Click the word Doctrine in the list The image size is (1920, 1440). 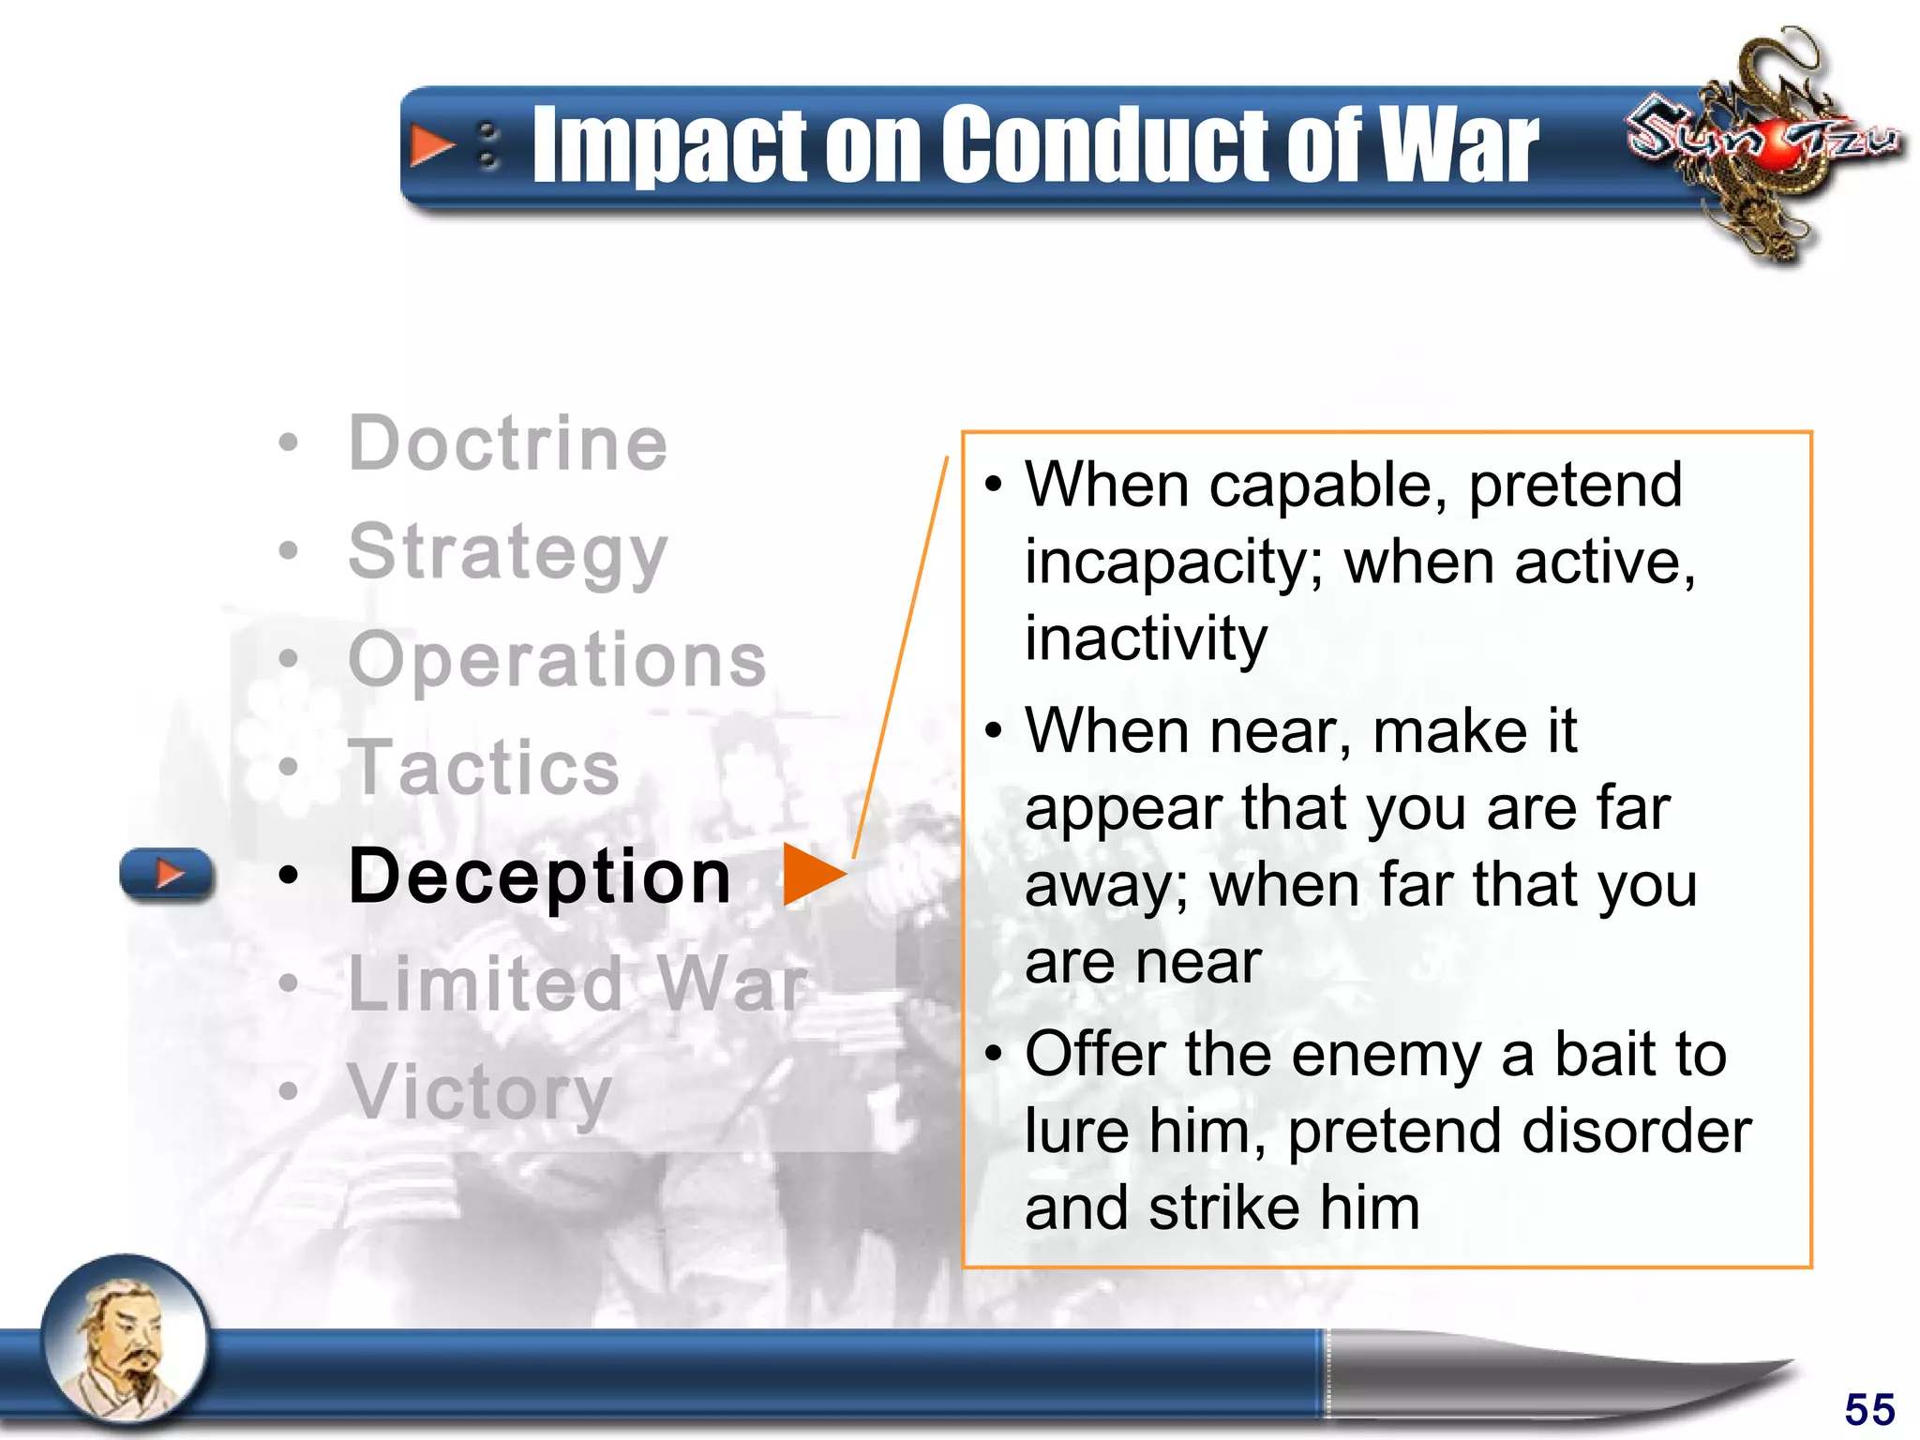click(x=507, y=443)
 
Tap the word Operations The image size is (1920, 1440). click(x=557, y=659)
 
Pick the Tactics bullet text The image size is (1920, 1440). click(x=484, y=768)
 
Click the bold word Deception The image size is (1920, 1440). click(x=539, y=876)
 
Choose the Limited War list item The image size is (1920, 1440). click(x=576, y=984)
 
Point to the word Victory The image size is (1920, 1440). click(x=479, y=1092)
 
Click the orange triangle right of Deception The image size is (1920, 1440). click(x=811, y=875)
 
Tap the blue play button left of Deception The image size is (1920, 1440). click(x=167, y=875)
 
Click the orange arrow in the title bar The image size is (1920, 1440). click(x=430, y=146)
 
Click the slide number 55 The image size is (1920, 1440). click(x=1869, y=1409)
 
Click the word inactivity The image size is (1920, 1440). click(x=1146, y=638)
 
